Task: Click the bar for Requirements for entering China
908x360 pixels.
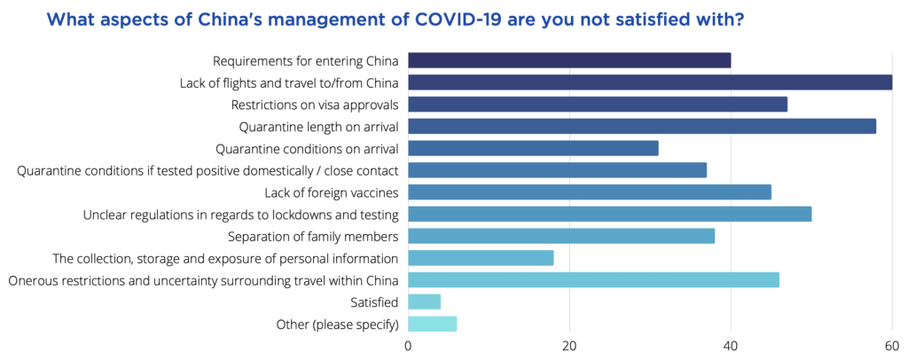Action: tap(569, 60)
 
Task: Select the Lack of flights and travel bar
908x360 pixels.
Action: tap(650, 82)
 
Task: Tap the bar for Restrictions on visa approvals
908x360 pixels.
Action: tap(598, 105)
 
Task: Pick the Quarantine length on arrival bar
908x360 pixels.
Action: tap(642, 126)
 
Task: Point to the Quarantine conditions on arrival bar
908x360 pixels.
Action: tap(533, 148)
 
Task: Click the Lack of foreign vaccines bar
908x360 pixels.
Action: tap(590, 192)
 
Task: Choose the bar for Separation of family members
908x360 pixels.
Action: tap(561, 236)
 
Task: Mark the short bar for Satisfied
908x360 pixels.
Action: tap(424, 301)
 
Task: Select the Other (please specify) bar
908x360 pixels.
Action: tap(432, 324)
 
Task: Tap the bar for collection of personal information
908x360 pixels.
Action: tap(481, 258)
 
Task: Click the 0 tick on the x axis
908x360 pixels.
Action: tap(408, 345)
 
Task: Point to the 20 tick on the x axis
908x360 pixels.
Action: tap(569, 345)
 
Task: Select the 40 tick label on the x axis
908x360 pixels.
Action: tap(731, 345)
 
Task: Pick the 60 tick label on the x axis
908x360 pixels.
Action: tap(892, 345)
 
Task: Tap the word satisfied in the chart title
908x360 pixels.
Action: tap(663, 18)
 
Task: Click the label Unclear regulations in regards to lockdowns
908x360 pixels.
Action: tap(240, 215)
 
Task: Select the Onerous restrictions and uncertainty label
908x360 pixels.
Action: tap(203, 280)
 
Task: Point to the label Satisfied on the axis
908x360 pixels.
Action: tap(374, 302)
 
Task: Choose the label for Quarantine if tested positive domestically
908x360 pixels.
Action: tap(207, 170)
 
